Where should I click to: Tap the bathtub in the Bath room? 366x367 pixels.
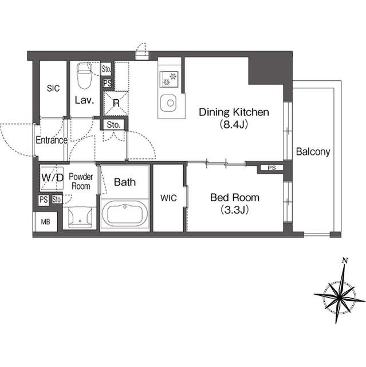(x=125, y=214)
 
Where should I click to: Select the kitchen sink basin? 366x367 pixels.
(x=168, y=103)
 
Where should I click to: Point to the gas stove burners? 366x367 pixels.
(x=169, y=79)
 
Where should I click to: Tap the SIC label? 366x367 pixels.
(x=53, y=88)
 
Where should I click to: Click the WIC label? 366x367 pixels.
(x=168, y=198)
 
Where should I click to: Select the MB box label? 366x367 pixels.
(x=46, y=222)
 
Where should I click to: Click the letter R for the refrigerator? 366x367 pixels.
(x=116, y=103)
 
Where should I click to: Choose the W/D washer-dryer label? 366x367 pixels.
(x=52, y=178)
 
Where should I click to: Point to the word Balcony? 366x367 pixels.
(x=313, y=152)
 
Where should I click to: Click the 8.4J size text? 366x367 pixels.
(x=234, y=124)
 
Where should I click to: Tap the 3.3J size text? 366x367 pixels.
(x=234, y=210)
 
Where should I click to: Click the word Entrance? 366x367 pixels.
(x=52, y=140)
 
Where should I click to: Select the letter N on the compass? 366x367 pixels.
(x=344, y=260)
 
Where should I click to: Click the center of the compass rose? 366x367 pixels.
(x=340, y=296)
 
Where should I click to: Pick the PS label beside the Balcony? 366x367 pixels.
(x=271, y=168)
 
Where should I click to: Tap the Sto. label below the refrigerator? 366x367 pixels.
(x=113, y=125)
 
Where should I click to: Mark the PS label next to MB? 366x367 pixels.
(x=44, y=200)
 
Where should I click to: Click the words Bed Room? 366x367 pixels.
(x=235, y=198)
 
